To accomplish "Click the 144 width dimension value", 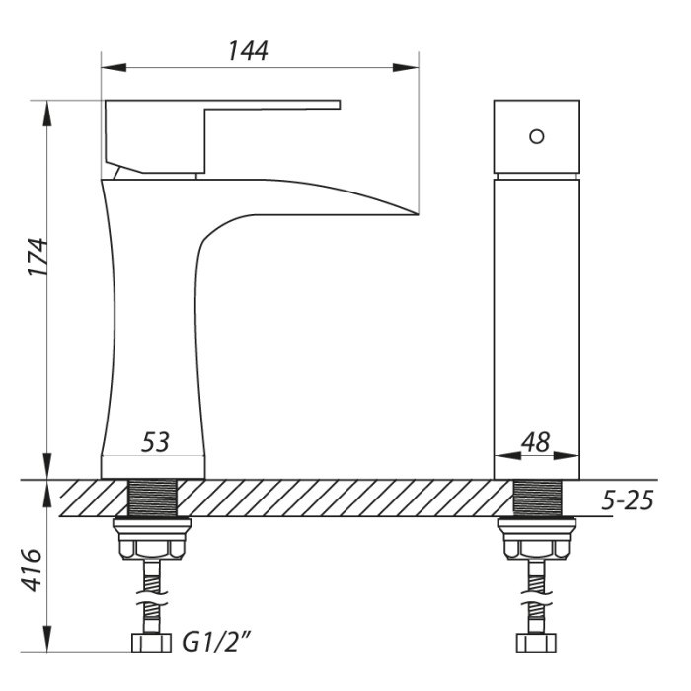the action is (248, 51).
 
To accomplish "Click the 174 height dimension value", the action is (38, 258).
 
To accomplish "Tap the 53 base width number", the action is (155, 442).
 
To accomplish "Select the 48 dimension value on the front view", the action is (535, 442).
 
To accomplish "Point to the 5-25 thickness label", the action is (627, 500).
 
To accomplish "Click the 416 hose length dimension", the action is (33, 570).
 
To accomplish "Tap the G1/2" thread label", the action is (217, 643).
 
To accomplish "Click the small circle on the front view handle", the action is (537, 136).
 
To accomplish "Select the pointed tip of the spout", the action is (417, 214).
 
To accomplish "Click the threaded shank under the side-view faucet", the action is (152, 498).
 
